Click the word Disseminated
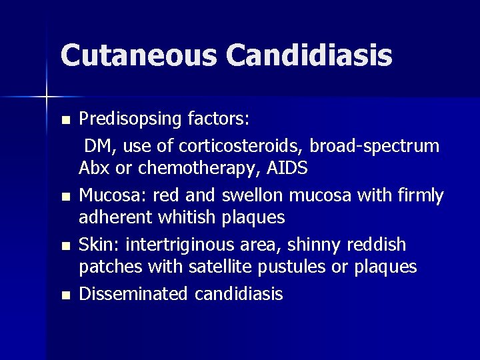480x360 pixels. [133, 293]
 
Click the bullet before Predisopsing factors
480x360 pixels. [65, 121]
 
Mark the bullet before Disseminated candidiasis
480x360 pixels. [65, 295]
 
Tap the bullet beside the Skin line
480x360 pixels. [65, 245]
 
